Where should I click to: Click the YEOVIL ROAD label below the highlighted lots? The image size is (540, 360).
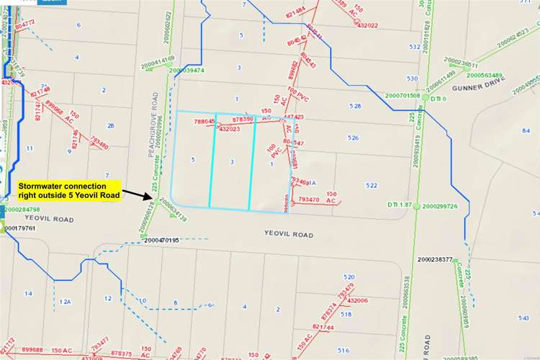tap(288, 235)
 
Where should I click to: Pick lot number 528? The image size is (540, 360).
tap(354, 107)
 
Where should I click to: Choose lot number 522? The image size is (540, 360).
tap(371, 186)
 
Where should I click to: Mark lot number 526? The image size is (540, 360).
tap(353, 138)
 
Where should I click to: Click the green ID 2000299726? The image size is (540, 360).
tap(440, 206)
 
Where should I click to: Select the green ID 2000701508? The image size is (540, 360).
tap(402, 95)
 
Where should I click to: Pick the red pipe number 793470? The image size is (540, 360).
tap(308, 199)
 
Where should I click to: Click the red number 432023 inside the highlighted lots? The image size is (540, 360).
tap(229, 129)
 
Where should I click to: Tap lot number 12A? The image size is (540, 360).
tap(66, 301)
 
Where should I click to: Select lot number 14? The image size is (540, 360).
tap(28, 293)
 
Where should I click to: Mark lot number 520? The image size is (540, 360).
tap(349, 276)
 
